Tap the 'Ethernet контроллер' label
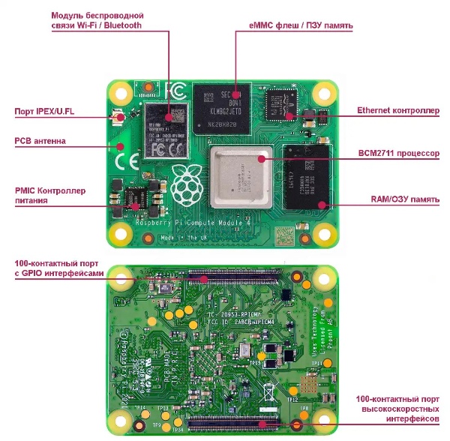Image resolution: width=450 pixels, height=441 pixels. point(397,109)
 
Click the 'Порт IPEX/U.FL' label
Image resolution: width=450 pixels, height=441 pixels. point(45,112)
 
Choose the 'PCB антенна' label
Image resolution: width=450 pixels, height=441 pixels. point(40,140)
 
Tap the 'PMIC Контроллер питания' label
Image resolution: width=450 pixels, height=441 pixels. point(50,195)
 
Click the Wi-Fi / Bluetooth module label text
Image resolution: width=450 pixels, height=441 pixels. point(98,19)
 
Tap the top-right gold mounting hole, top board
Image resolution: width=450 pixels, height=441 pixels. point(324,94)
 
